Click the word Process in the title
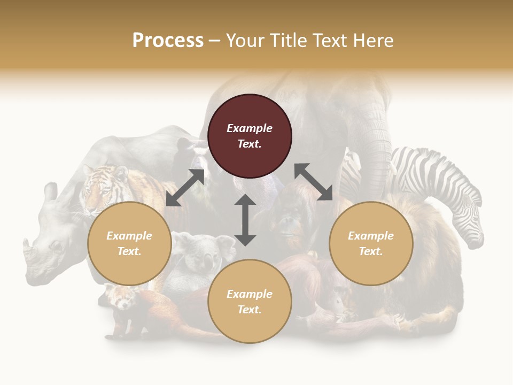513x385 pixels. [168, 41]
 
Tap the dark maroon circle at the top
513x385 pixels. [250, 136]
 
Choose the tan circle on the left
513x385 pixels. [129, 244]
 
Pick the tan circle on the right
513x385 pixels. [371, 244]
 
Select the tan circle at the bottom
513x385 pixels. [250, 302]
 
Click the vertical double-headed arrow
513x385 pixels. [245, 220]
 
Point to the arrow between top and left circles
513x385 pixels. [185, 188]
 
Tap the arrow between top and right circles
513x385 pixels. [314, 182]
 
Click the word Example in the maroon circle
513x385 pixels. [250, 128]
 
